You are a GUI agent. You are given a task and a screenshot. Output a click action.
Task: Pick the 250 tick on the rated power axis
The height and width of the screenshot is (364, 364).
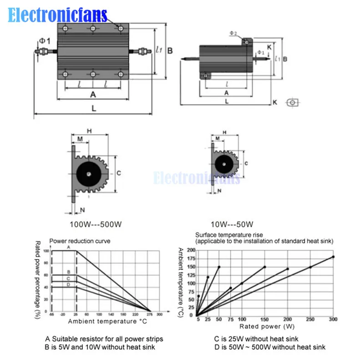pos(310,320)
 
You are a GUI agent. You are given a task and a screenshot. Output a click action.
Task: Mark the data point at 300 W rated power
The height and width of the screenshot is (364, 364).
pos(333,257)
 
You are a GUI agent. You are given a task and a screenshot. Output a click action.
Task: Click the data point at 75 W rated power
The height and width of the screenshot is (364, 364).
pos(230,288)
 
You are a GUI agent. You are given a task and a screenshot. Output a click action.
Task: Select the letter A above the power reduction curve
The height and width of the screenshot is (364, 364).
pos(68,247)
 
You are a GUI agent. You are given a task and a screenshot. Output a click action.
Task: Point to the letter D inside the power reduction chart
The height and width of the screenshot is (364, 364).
pos(68,284)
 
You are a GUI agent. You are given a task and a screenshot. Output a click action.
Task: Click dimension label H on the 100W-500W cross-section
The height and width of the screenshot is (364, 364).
pos(89,131)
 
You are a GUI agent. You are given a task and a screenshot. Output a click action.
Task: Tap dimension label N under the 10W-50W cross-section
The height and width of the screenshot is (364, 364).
pos(219,191)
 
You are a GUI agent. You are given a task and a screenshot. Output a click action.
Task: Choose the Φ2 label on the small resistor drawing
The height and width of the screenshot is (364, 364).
pos(233,33)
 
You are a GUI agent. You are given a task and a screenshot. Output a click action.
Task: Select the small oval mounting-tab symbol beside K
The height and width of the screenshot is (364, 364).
pos(292,103)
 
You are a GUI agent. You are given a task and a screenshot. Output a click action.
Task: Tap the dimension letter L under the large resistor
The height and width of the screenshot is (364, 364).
pos(93,109)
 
